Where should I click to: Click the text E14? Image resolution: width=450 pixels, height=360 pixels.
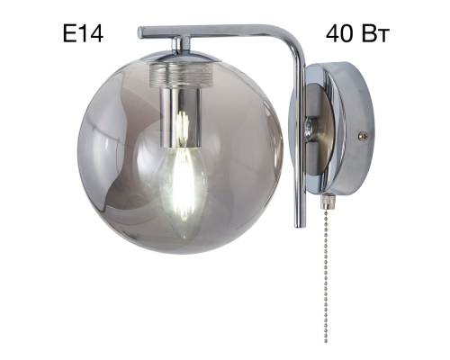click(x=83, y=34)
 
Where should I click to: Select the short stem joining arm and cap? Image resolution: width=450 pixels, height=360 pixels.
click(x=180, y=44)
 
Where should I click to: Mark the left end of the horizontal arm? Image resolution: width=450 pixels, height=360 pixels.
click(x=141, y=32)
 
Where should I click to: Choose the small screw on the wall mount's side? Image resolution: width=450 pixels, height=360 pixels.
click(x=363, y=136)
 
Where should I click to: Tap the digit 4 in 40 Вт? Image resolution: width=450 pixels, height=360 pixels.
click(x=333, y=34)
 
